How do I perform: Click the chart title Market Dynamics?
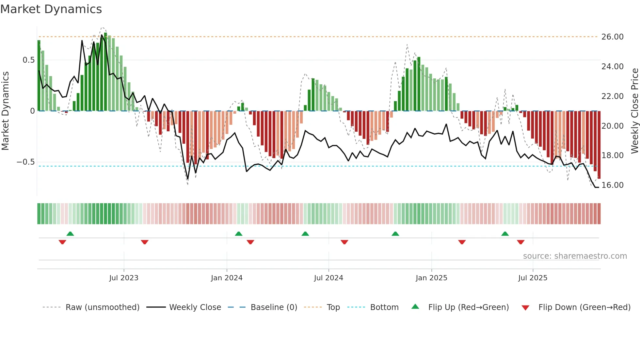(x=51, y=9)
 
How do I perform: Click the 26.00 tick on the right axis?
(x=612, y=37)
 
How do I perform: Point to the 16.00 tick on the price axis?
(x=612, y=185)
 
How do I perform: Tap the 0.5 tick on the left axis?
(x=28, y=60)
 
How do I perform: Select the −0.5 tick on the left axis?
(x=26, y=162)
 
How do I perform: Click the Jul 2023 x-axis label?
(x=124, y=278)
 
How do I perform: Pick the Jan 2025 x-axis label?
(x=431, y=278)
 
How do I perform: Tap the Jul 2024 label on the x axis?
(x=328, y=278)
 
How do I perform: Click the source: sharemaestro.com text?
(x=575, y=256)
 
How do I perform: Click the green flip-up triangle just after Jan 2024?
(x=239, y=234)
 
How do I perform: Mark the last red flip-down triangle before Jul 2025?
(x=520, y=242)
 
